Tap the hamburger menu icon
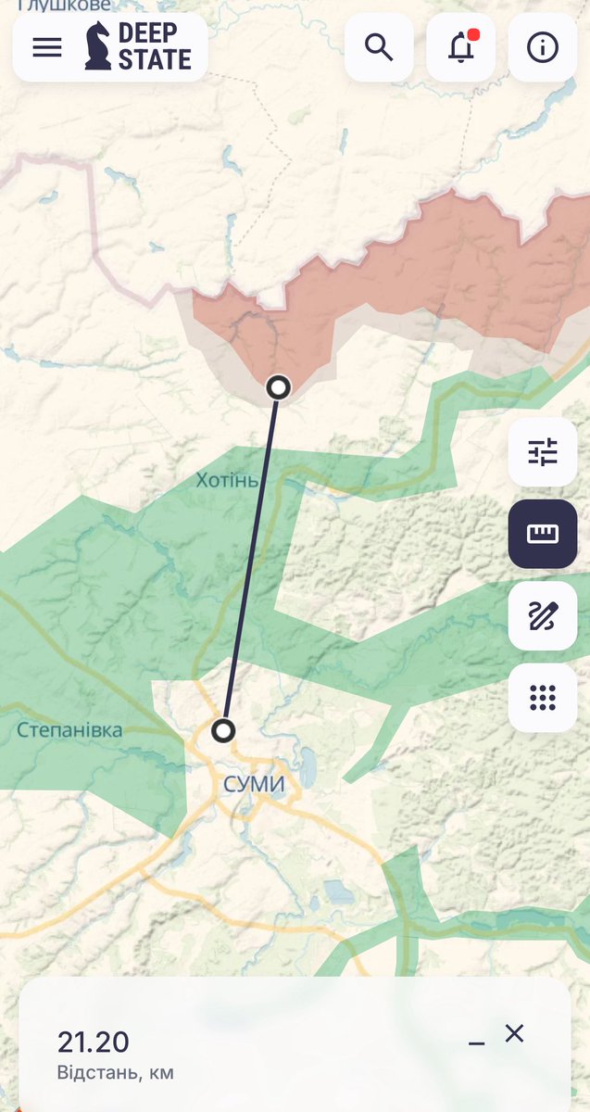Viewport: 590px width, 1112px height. point(47,47)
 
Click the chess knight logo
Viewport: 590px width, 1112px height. point(97,46)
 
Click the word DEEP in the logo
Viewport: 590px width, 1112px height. point(147,34)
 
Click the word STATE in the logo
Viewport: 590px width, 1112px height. point(155,60)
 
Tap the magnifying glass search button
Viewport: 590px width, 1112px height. point(379,47)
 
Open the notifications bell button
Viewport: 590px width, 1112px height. point(460,47)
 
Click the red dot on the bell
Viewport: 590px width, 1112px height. point(473,35)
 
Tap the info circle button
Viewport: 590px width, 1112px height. point(543,47)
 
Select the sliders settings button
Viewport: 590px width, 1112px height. point(543,452)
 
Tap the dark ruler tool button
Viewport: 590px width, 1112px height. point(543,534)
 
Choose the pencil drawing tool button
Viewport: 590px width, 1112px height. point(543,615)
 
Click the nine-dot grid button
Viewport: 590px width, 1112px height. point(543,697)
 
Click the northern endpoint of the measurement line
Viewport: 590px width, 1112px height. point(278,387)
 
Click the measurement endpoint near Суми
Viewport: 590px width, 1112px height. point(222,731)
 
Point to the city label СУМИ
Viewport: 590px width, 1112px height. point(254,785)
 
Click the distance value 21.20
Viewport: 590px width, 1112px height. point(94,1042)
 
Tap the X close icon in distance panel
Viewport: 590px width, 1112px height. point(514,1033)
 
